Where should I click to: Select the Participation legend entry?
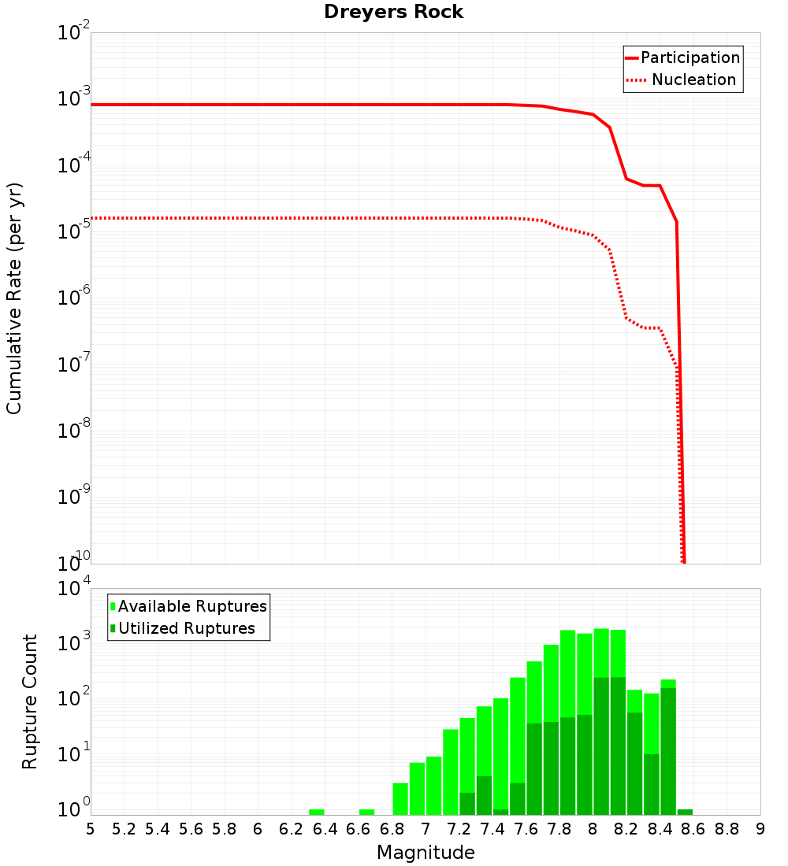click(x=689, y=57)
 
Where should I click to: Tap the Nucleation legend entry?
click(x=693, y=80)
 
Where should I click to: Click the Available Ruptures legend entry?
click(x=192, y=606)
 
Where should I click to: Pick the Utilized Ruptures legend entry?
click(x=186, y=628)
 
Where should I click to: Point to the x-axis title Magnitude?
click(x=426, y=853)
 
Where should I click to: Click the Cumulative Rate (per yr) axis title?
click(x=14, y=298)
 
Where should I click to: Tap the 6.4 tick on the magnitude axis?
click(x=325, y=828)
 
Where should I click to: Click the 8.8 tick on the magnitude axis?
click(x=727, y=828)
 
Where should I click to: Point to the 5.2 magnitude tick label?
click(x=124, y=828)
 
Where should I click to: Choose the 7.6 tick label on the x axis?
click(x=526, y=828)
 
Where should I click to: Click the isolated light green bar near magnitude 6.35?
click(x=316, y=812)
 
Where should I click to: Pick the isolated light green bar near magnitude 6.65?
click(x=366, y=812)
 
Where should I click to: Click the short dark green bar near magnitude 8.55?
click(x=685, y=812)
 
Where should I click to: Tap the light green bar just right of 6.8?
click(x=400, y=799)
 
